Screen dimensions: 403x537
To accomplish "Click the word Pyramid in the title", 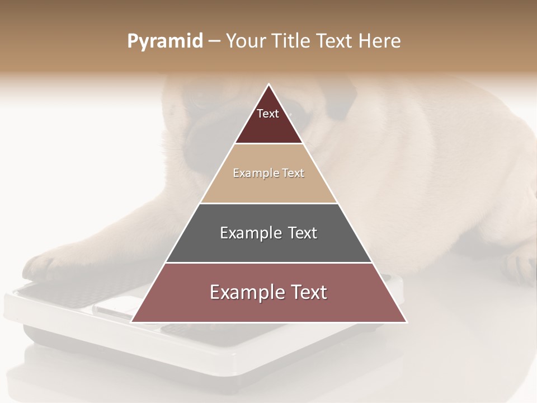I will [x=164, y=41].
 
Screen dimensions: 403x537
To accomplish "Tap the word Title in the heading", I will [x=294, y=41].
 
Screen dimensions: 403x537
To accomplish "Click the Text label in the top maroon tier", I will [x=268, y=114].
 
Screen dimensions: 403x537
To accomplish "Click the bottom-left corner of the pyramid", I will [x=131, y=322].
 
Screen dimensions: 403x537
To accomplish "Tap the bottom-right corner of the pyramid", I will [x=407, y=322].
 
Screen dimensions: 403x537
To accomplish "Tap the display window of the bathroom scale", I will [x=115, y=309].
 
